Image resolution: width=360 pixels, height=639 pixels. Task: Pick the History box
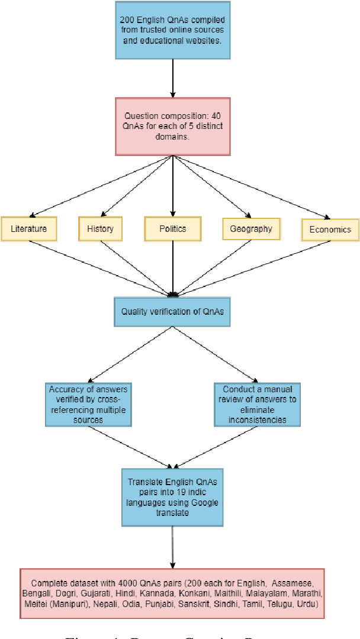(x=100, y=228)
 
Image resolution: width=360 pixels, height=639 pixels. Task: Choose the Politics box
(x=173, y=228)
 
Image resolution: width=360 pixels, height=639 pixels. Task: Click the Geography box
(x=251, y=229)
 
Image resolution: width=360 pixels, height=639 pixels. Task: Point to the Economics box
(x=330, y=230)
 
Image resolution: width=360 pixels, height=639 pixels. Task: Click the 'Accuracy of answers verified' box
(x=88, y=405)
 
